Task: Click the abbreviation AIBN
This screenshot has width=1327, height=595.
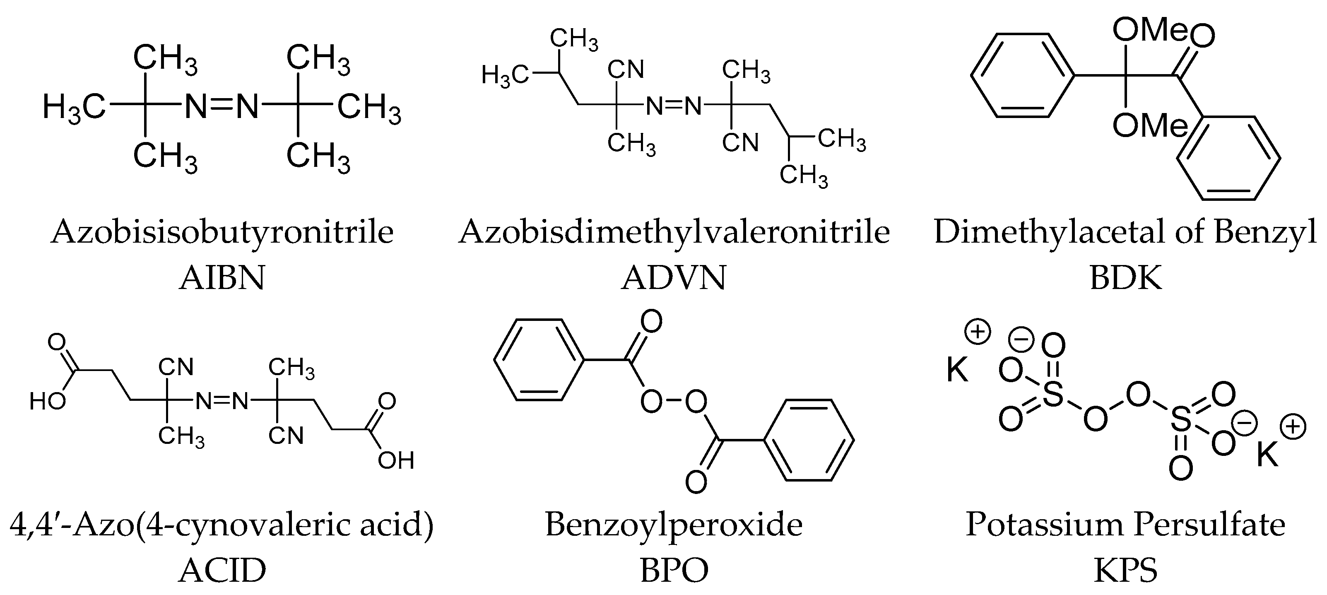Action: [222, 278]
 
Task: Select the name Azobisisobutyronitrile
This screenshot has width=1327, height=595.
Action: [222, 233]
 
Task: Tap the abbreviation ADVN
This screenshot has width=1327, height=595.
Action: [674, 278]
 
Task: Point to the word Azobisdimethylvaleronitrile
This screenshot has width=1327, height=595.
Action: [674, 233]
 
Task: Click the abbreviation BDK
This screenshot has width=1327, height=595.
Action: [1126, 278]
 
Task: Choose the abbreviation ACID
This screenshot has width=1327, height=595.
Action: [222, 570]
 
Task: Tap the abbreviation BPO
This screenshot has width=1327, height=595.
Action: [674, 570]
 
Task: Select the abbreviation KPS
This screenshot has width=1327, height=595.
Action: [1126, 570]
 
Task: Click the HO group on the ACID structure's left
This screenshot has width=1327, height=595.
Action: [47, 401]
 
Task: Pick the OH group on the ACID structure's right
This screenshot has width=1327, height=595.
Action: [396, 460]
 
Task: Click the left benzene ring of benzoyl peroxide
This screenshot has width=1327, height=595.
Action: [539, 359]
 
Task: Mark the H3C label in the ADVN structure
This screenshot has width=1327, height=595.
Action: [505, 76]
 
